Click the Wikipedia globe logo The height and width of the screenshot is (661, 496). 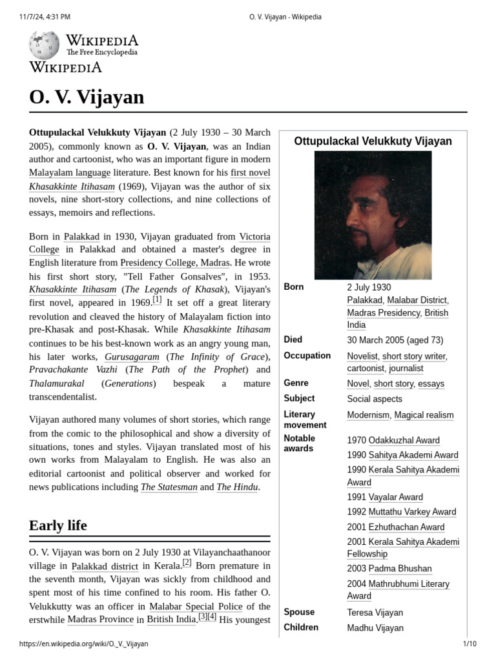coord(45,45)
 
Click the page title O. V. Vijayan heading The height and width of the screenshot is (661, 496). coord(87,97)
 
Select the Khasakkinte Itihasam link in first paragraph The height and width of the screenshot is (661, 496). coord(72,187)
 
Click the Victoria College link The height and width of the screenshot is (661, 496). coord(254,236)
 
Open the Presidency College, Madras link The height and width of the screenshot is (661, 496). coord(174,263)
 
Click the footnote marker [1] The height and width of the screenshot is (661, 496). coord(157,300)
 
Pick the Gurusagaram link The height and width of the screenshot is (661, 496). coord(132,356)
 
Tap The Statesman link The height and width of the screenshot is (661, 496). coord(169,487)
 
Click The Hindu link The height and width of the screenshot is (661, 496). coord(237,487)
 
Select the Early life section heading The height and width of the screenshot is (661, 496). coord(58,525)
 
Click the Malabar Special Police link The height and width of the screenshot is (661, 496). coord(196,606)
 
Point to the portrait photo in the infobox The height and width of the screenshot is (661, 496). coord(373,215)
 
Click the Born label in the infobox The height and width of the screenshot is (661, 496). coord(293,287)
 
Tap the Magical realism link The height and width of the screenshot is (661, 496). coord(424,415)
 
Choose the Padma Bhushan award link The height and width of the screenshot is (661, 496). coord(400,569)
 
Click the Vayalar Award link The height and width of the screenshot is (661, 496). coord(395,497)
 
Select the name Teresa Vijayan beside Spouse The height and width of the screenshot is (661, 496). coord(375,613)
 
